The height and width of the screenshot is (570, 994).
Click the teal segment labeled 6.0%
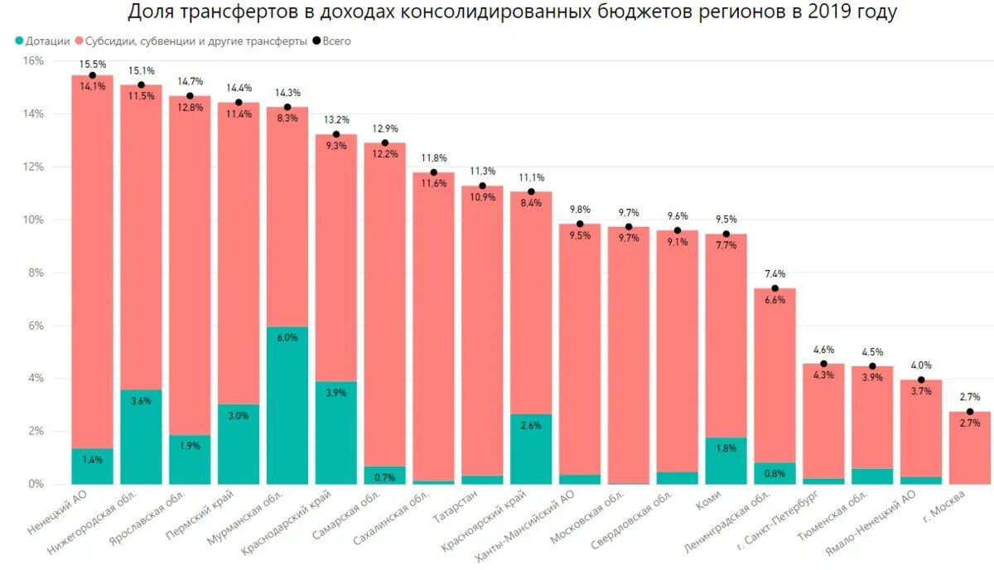point(287,406)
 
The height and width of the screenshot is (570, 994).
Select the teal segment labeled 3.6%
point(141,437)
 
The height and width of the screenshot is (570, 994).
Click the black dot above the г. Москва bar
point(970,412)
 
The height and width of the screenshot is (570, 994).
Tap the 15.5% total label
point(92,64)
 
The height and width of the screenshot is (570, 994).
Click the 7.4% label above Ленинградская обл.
point(775,274)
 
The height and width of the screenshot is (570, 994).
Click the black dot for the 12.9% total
point(385,142)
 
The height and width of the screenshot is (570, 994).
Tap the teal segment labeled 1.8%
point(726,461)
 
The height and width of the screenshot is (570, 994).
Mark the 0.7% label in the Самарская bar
point(385,477)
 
